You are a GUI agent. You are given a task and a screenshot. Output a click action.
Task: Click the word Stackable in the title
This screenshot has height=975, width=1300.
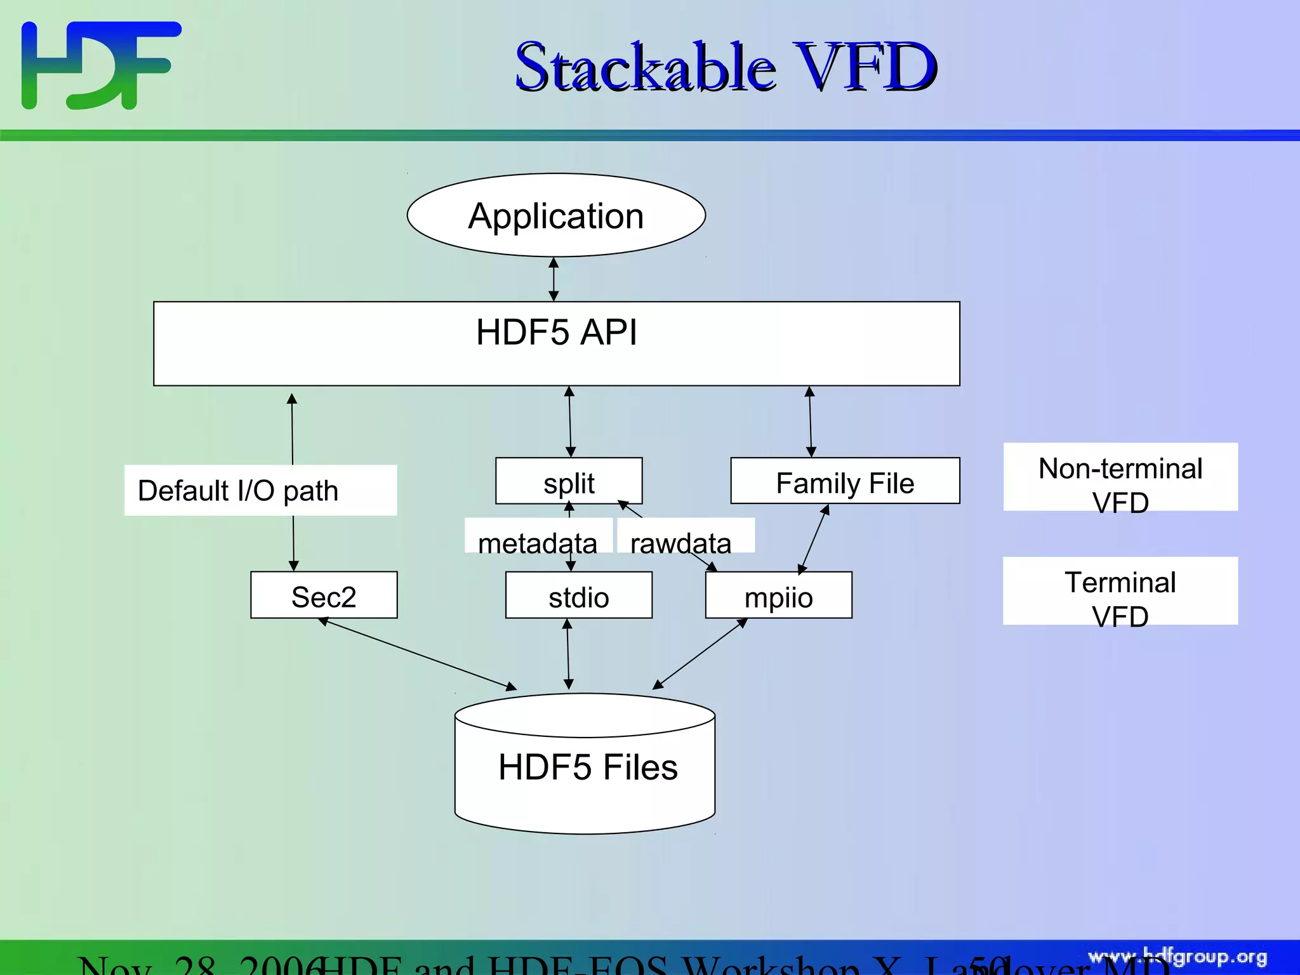coord(644,67)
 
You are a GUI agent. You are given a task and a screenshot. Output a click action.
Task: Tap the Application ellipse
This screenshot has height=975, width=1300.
coord(556,216)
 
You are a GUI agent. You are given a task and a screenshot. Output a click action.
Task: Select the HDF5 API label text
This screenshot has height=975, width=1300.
coord(556,332)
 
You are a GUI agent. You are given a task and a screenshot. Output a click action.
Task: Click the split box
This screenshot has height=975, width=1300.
coord(569,481)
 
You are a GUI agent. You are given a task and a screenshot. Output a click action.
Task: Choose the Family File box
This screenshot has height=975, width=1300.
coord(845,481)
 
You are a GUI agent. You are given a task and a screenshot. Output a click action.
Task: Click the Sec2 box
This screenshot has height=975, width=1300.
coord(324,595)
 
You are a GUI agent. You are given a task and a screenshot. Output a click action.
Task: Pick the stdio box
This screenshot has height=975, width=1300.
coord(578,595)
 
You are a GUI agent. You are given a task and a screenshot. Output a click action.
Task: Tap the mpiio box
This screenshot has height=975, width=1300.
coord(778,595)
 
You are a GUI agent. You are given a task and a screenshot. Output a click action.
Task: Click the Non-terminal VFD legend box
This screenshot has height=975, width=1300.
coord(1120,477)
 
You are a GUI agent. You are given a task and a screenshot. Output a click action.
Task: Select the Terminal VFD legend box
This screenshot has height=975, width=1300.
coord(1120,592)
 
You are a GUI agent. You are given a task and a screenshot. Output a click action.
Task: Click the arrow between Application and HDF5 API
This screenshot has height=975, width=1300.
coord(554,279)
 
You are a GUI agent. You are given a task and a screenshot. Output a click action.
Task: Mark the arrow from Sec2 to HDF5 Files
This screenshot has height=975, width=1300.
coord(419,654)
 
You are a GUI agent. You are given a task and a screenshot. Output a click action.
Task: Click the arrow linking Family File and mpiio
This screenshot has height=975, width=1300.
coord(814,540)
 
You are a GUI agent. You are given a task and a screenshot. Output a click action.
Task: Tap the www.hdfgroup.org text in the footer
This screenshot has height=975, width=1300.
coord(1177,957)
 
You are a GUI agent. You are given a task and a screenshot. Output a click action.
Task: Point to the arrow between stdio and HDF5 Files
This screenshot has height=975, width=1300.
coord(568,654)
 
